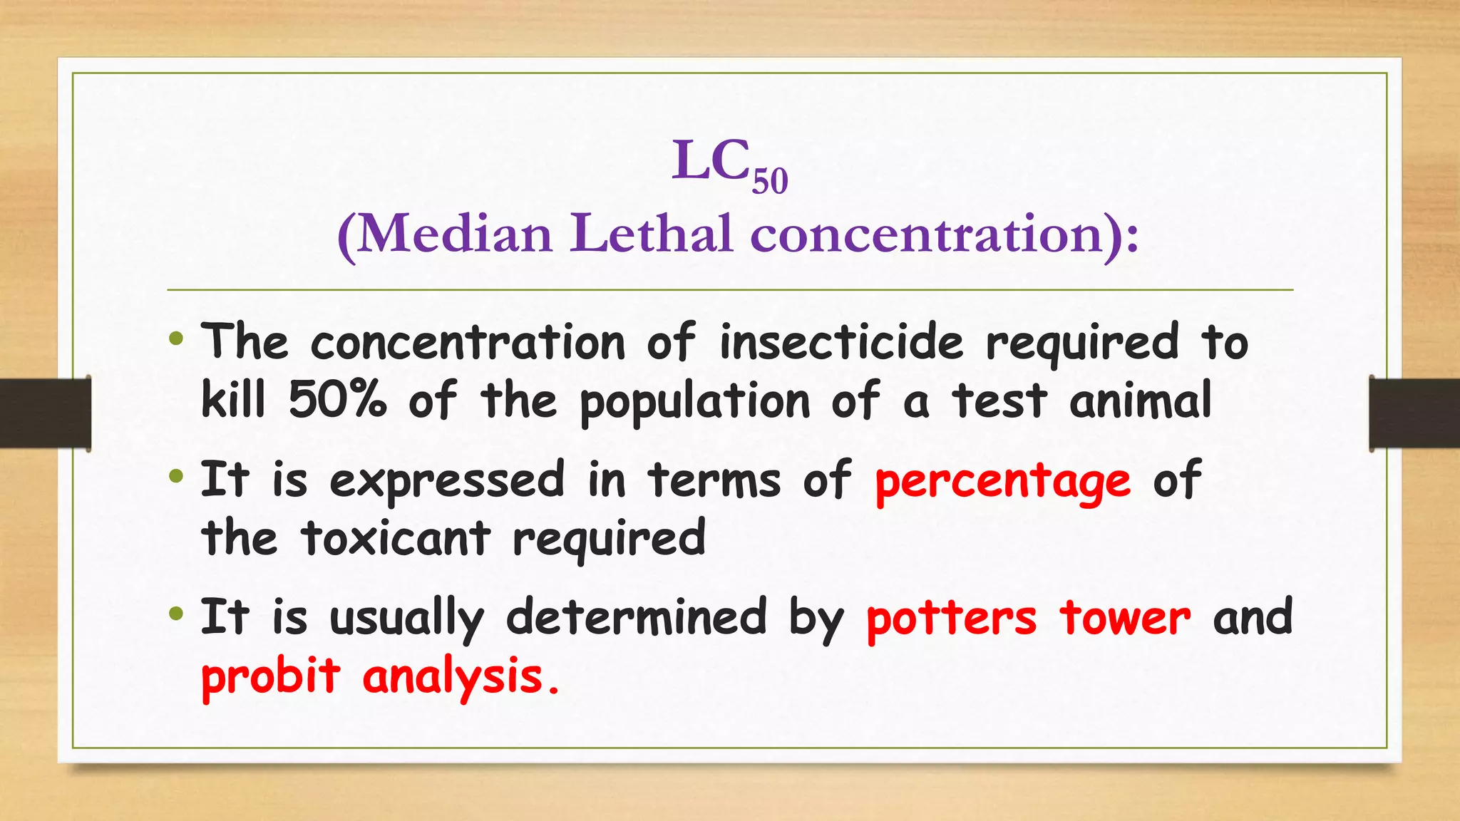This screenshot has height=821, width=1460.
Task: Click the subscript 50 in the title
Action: coord(770,181)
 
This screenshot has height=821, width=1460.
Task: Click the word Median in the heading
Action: coord(454,234)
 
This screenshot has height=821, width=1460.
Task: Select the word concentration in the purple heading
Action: coord(927,234)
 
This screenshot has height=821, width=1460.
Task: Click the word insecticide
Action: coord(841,342)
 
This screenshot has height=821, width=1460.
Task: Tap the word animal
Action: coord(1140,401)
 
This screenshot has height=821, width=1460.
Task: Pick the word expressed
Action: coord(447,480)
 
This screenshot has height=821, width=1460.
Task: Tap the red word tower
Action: coord(1125,617)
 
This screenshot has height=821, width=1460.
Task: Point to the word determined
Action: coord(636,617)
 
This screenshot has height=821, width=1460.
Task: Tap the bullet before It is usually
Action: coord(176,614)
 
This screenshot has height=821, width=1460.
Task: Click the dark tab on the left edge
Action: coord(45,413)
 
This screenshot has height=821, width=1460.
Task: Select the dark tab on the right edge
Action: coord(1414,413)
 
